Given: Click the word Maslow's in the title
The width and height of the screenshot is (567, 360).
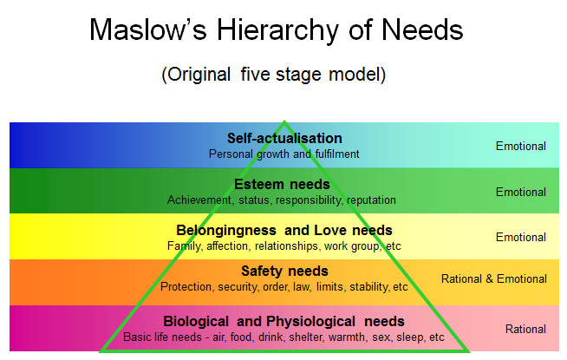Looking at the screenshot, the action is click(x=148, y=29).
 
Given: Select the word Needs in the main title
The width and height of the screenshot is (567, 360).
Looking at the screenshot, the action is click(x=422, y=29).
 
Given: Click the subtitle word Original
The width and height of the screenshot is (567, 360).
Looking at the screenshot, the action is click(x=199, y=75).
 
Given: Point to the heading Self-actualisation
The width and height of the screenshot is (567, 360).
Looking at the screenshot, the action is click(x=284, y=138).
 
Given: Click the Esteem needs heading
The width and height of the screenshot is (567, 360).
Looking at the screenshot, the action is click(x=282, y=184).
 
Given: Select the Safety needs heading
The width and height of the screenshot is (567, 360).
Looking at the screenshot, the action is click(x=284, y=271).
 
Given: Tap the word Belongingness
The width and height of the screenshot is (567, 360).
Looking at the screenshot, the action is click(x=226, y=231).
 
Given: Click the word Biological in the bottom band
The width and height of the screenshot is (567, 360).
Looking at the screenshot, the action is click(x=196, y=321).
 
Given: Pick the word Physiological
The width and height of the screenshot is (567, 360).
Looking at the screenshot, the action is click(x=311, y=322).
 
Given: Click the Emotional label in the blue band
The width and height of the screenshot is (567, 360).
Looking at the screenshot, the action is click(x=521, y=147).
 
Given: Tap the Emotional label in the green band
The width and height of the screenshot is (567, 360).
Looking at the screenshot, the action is click(x=521, y=192).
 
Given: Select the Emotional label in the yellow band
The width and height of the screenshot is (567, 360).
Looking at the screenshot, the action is click(x=521, y=238).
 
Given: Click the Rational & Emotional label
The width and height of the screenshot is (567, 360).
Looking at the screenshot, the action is click(x=494, y=279).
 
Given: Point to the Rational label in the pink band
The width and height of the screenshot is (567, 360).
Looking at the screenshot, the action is click(x=525, y=330).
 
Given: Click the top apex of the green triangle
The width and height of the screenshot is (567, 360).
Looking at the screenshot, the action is click(x=284, y=121).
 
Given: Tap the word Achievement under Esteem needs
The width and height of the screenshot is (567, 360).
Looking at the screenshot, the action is click(x=199, y=200).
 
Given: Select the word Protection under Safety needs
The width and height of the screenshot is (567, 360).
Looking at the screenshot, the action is click(x=186, y=287).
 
